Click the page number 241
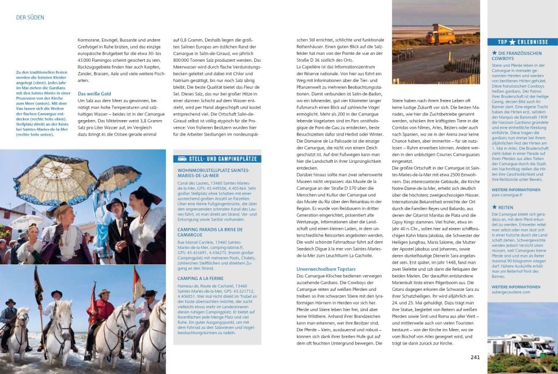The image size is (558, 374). [475, 357]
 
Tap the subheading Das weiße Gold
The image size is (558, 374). [95, 93]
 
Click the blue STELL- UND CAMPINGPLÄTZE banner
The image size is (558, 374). [217, 159]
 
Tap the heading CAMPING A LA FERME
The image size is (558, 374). [201, 278]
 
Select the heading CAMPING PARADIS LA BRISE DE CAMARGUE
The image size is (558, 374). [205, 232]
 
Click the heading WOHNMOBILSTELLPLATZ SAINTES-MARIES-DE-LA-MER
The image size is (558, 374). [213, 173]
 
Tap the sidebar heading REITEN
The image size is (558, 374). [506, 207]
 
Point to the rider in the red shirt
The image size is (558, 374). [104, 312]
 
